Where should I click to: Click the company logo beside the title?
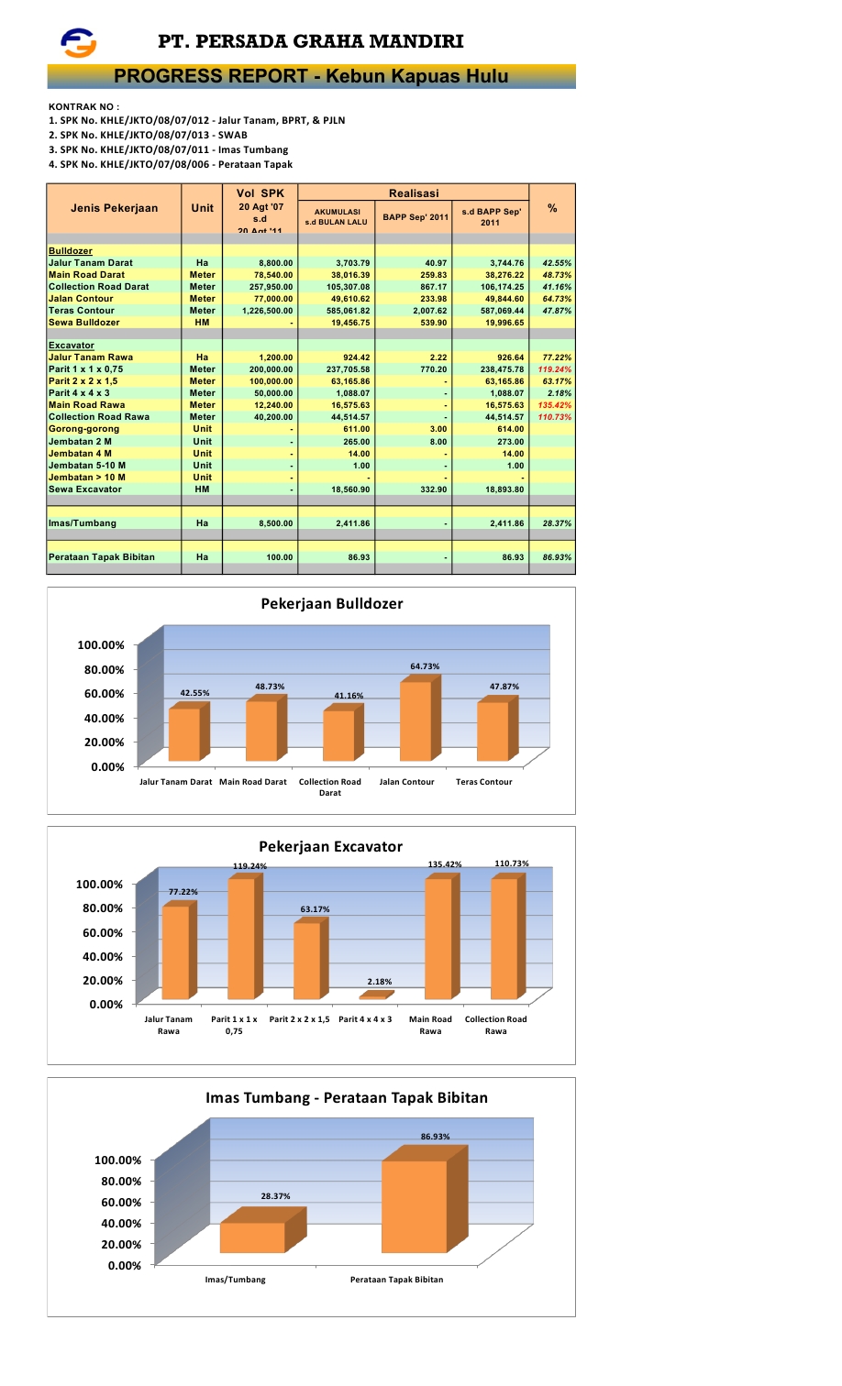pos(78,42)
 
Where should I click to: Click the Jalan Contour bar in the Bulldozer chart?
pos(415,720)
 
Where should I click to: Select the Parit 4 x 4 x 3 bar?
pos(374,995)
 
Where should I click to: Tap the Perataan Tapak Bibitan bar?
pos(415,1206)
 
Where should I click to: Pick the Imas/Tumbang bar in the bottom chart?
pos(252,1237)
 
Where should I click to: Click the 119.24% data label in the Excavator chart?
pos(249,866)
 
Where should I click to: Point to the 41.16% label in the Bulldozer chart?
pos(349,696)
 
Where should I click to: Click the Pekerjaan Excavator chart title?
pos(330,846)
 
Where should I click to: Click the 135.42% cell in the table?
pos(554,405)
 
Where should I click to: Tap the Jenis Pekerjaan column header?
pos(114,208)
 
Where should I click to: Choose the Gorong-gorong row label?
pos(83,429)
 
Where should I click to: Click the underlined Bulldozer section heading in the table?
pos(70,251)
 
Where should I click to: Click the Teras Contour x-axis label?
pos(483,782)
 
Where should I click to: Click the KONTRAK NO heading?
pos(83,106)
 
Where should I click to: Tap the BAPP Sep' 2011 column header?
pos(415,217)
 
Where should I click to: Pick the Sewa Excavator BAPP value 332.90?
pos(433,489)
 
